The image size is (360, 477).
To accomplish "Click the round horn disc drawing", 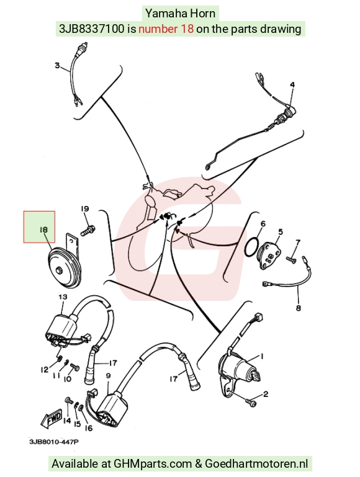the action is [65, 269].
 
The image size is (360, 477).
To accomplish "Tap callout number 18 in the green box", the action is [43, 230].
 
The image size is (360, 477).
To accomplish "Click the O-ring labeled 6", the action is [252, 247].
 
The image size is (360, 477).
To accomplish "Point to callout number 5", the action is [281, 232].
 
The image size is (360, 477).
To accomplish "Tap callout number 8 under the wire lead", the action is [298, 308].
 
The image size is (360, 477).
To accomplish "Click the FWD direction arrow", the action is [51, 420].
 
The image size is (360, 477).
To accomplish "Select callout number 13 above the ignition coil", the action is [63, 296].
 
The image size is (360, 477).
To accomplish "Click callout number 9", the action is [108, 376].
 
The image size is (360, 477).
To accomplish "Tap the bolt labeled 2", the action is [251, 402].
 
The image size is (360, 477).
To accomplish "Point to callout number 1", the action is [261, 356].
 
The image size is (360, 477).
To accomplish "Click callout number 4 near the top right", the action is [292, 84].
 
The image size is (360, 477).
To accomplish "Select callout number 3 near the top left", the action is [57, 65].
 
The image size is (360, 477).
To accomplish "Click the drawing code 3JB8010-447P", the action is [54, 442].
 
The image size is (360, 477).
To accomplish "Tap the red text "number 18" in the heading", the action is [166, 29].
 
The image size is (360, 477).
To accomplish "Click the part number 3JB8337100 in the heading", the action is [92, 29].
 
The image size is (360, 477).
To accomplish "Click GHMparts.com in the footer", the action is [153, 464].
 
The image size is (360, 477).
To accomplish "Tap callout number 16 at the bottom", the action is [89, 428].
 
